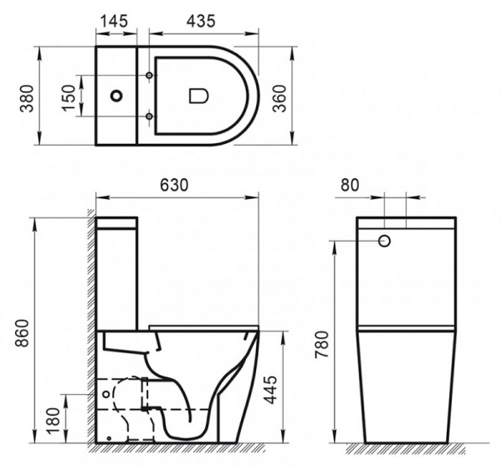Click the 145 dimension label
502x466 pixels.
coord(115,21)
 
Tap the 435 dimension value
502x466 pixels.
coord(201,21)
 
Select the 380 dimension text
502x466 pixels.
coord(27,98)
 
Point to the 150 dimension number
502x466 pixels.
coord(69,98)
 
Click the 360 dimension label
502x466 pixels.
coord(279,98)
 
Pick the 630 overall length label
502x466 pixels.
coord(174,185)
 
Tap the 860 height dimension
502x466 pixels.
coord(23,333)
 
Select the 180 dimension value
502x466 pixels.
coord(54,420)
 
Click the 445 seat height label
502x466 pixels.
coord(271,390)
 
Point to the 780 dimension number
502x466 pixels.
coord(322,344)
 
